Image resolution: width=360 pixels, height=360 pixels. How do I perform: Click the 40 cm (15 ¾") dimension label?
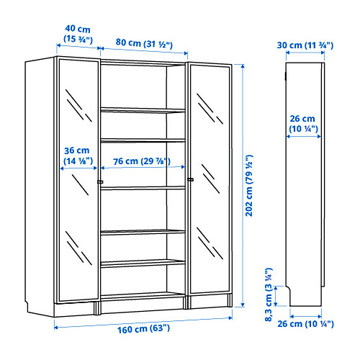pos(78,34)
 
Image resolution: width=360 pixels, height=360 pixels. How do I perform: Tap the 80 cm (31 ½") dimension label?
pos(144,43)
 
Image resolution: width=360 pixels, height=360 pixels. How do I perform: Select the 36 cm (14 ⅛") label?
pos(78,156)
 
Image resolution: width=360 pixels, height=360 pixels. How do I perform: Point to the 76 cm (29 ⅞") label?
pos(142,161)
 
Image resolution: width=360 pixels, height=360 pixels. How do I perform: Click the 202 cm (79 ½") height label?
pos(249,186)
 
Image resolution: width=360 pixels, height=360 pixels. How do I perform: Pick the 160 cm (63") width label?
pos(143,328)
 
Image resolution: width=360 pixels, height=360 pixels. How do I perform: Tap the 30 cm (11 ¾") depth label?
pos(305,45)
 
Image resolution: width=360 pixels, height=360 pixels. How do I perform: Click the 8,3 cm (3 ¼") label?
pos(269,294)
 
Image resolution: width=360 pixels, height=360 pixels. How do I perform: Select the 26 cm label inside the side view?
pos(303,124)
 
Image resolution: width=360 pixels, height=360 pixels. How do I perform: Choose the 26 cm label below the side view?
pos(305,324)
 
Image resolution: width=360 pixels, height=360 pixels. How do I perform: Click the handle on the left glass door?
pos(100,182)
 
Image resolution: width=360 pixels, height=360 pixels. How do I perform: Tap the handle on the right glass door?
pos(191,179)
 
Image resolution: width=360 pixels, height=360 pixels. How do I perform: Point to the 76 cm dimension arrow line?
pos(143,167)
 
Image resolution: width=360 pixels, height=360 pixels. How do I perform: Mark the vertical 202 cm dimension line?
pos(243,186)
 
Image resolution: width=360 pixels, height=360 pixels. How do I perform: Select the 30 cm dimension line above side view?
pos(305,53)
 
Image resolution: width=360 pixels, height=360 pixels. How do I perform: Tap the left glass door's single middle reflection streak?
pos(81,184)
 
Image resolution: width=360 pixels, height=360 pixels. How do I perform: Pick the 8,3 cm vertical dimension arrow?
pos(276,296)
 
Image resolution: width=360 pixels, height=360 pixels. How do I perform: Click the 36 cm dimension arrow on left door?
pos(78,168)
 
